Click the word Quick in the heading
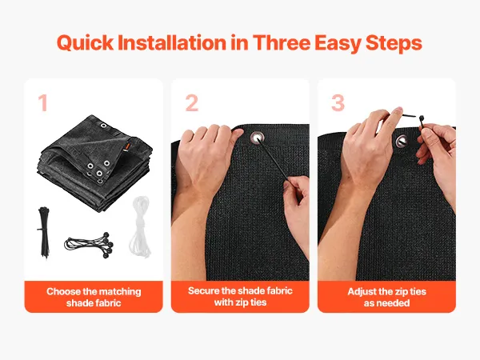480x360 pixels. click(x=85, y=42)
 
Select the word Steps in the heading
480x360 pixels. click(x=394, y=43)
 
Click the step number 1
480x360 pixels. click(x=43, y=103)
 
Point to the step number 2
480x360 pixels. click(x=192, y=103)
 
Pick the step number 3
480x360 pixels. click(x=338, y=103)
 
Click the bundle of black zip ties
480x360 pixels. click(x=43, y=232)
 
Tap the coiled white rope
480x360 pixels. click(x=140, y=226)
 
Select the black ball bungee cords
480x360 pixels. click(x=89, y=245)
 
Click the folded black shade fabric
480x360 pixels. click(x=95, y=163)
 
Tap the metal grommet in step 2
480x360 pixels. click(x=257, y=138)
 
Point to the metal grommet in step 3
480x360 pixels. click(x=402, y=141)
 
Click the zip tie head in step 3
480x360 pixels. click(x=422, y=118)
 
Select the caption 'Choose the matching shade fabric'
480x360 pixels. click(x=94, y=297)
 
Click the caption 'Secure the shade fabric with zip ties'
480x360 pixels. click(x=240, y=296)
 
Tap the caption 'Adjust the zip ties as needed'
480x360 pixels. click(x=387, y=297)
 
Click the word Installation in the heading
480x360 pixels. click(x=172, y=42)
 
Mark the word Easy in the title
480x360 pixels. click(x=338, y=43)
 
